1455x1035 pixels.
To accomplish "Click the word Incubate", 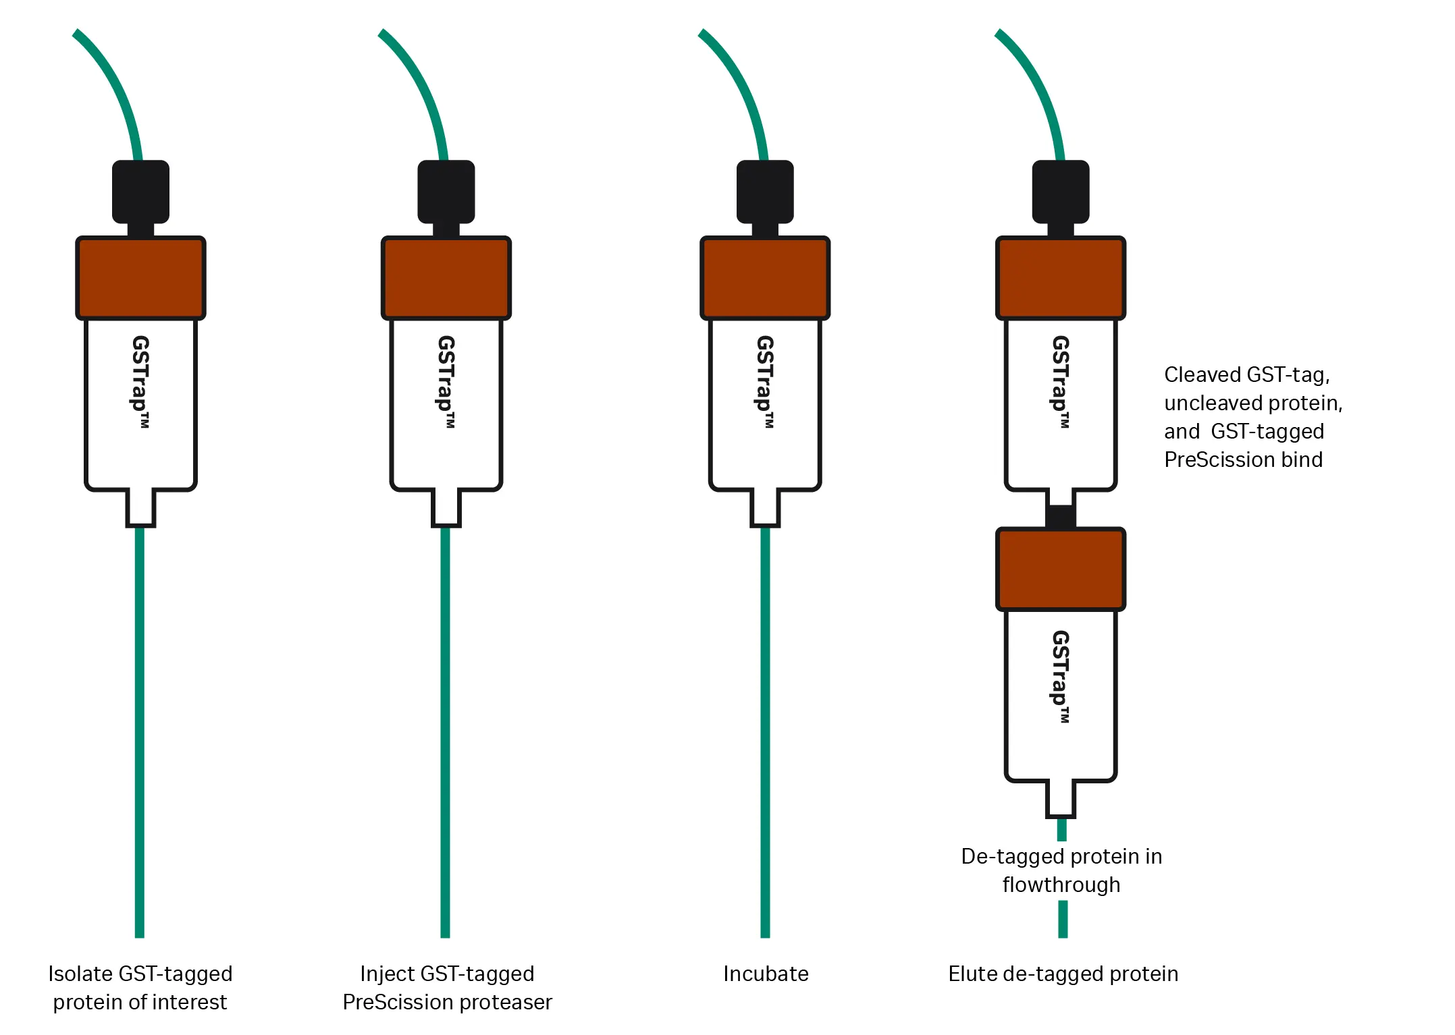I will [766, 974].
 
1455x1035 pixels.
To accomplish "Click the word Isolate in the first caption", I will [80, 974].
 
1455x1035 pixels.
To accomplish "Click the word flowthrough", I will [1061, 885].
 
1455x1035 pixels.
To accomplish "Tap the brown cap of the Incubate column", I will [765, 277].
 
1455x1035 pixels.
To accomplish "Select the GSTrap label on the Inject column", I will [446, 381].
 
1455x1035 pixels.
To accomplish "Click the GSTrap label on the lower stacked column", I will [1061, 676].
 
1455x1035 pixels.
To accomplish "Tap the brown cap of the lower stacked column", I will [1061, 569].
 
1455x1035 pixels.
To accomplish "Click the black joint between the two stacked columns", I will [1061, 516].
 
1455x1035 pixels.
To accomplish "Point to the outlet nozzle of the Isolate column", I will [140, 507].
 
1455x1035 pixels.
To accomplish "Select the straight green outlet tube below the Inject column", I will [445, 729].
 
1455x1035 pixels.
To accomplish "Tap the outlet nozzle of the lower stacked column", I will [1061, 799].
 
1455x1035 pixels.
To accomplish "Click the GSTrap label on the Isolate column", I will [140, 381].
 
